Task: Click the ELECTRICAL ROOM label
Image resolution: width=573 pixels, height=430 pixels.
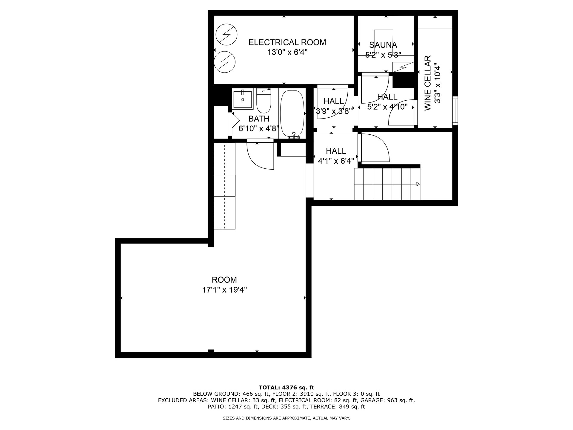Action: tap(287, 42)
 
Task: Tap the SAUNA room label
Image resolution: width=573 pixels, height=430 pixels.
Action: tap(383, 45)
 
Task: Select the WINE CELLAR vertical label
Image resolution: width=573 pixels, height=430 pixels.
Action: tap(428, 83)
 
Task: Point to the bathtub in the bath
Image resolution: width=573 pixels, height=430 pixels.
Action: tap(292, 114)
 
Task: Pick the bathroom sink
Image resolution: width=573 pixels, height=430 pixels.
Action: tap(243, 99)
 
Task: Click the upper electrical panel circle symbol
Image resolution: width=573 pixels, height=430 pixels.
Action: tap(227, 34)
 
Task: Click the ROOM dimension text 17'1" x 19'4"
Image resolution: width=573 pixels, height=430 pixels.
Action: tap(224, 290)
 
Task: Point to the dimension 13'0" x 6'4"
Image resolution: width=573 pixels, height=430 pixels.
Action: tap(287, 52)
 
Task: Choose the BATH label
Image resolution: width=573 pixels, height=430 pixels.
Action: tap(259, 119)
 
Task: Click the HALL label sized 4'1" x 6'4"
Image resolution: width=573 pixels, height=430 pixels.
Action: tap(336, 151)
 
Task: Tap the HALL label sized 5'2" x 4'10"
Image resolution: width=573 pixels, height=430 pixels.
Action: tap(387, 97)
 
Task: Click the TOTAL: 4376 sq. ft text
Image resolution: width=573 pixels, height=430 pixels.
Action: tap(286, 388)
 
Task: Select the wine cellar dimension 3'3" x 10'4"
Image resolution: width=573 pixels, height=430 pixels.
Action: tap(437, 83)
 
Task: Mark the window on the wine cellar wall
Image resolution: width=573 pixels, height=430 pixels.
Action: tap(455, 110)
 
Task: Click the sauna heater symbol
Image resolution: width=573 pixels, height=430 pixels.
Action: tap(403, 67)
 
